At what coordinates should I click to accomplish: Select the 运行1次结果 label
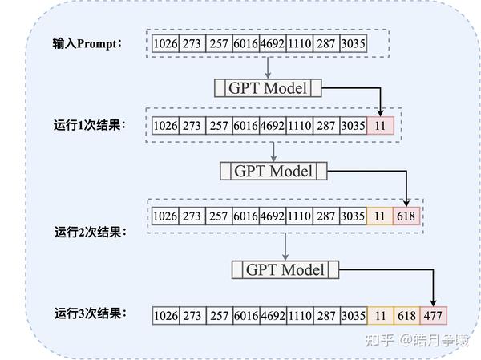pyautogui.click(x=91, y=125)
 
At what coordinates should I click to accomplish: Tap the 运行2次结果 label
pyautogui.click(x=91, y=232)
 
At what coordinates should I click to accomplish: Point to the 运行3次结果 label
pyautogui.click(x=91, y=313)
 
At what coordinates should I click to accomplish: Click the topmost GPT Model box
pyautogui.click(x=268, y=88)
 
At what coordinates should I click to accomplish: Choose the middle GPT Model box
pyautogui.click(x=273, y=171)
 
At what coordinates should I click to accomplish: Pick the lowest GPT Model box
pyautogui.click(x=285, y=270)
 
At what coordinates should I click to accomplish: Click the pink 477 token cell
pyautogui.click(x=433, y=316)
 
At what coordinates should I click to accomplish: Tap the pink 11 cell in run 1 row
pyautogui.click(x=380, y=125)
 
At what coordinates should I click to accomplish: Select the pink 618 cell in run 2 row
pyautogui.click(x=406, y=216)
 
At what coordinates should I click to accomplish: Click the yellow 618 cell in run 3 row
pyautogui.click(x=406, y=316)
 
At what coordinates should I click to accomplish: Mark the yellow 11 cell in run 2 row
pyautogui.click(x=380, y=216)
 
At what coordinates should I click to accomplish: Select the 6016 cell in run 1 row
pyautogui.click(x=245, y=125)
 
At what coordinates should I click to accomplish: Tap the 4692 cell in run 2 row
pyautogui.click(x=273, y=216)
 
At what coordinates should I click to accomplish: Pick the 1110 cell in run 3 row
pyautogui.click(x=299, y=316)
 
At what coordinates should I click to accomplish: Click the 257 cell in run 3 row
pyautogui.click(x=218, y=316)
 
